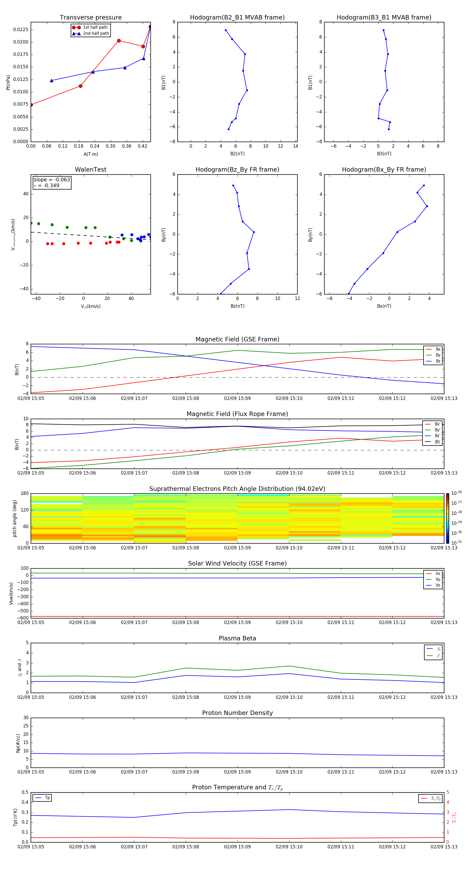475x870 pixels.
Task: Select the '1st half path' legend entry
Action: point(95,27)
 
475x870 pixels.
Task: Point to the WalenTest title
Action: point(91,170)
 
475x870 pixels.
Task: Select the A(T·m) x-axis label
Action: point(91,154)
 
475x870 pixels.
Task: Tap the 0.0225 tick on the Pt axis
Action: point(21,30)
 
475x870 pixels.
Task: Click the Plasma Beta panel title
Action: point(237,638)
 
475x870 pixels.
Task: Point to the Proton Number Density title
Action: point(237,713)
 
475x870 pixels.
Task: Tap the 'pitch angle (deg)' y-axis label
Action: point(15,518)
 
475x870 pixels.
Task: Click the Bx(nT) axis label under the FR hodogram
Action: point(384,306)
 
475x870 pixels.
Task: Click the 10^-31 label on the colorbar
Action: point(457,542)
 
